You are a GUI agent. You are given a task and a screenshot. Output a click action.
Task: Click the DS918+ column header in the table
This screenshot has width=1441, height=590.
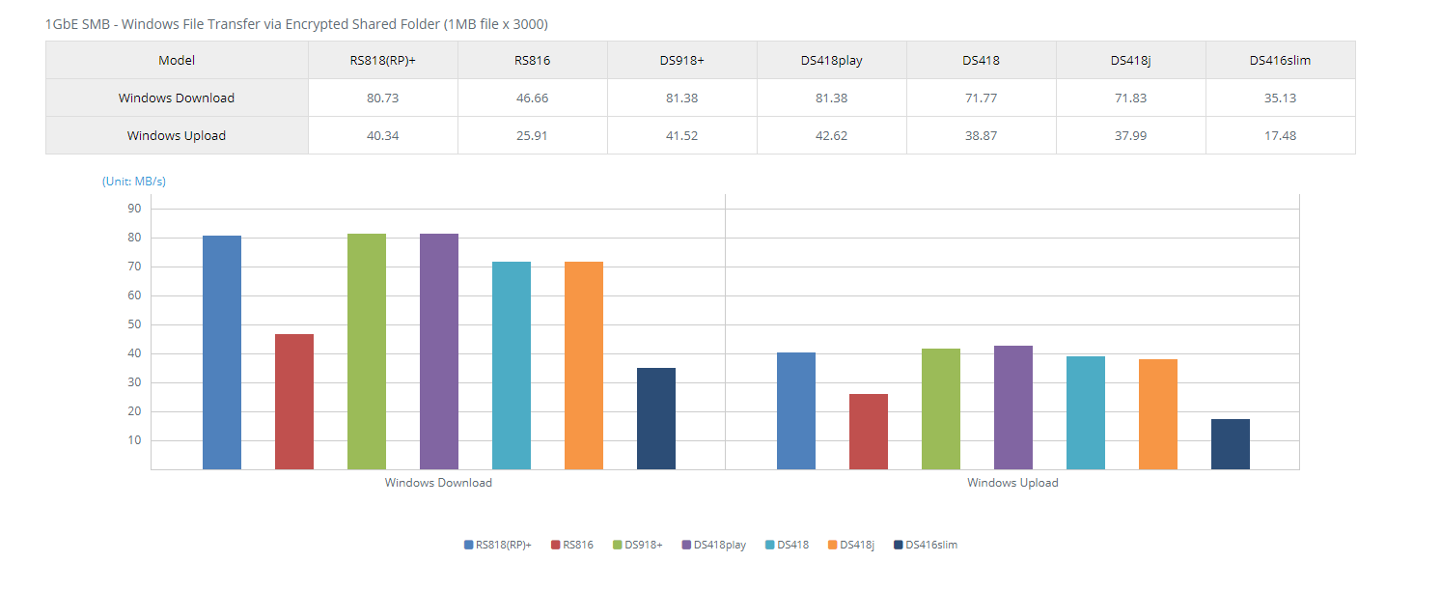(x=681, y=60)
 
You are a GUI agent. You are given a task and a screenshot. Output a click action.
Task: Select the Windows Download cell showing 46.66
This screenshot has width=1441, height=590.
(x=532, y=98)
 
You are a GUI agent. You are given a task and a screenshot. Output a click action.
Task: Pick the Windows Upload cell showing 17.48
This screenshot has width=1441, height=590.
(x=1280, y=135)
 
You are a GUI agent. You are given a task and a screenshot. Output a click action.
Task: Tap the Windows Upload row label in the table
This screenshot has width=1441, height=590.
(x=177, y=135)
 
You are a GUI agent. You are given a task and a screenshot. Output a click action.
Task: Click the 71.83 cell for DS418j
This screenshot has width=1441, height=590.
(x=1130, y=98)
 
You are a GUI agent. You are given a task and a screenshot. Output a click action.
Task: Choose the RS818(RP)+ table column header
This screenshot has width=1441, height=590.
(x=382, y=60)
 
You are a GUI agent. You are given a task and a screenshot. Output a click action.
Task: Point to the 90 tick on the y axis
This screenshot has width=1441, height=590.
(x=133, y=209)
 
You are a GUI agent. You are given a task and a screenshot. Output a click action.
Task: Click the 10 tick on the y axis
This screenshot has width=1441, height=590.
(x=133, y=440)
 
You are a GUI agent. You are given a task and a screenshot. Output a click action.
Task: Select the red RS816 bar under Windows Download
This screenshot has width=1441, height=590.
(x=294, y=402)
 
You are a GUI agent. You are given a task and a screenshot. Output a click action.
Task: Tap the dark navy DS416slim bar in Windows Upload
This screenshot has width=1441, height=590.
(x=1231, y=444)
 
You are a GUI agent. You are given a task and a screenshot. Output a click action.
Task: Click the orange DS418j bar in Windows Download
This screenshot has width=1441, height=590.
(x=584, y=366)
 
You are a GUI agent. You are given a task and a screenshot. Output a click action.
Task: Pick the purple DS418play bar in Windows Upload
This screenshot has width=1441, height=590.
(x=1013, y=407)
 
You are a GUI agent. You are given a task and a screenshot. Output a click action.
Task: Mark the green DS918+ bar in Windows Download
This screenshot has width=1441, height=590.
(x=367, y=351)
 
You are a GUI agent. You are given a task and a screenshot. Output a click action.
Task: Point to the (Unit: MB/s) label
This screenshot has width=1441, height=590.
(x=134, y=181)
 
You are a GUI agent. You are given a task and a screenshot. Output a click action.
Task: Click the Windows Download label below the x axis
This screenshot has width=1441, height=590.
(x=438, y=483)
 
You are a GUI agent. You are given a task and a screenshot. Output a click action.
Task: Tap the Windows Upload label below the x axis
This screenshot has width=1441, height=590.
(x=1012, y=483)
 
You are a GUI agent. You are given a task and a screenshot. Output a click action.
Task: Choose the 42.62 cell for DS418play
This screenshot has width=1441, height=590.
(x=831, y=135)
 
